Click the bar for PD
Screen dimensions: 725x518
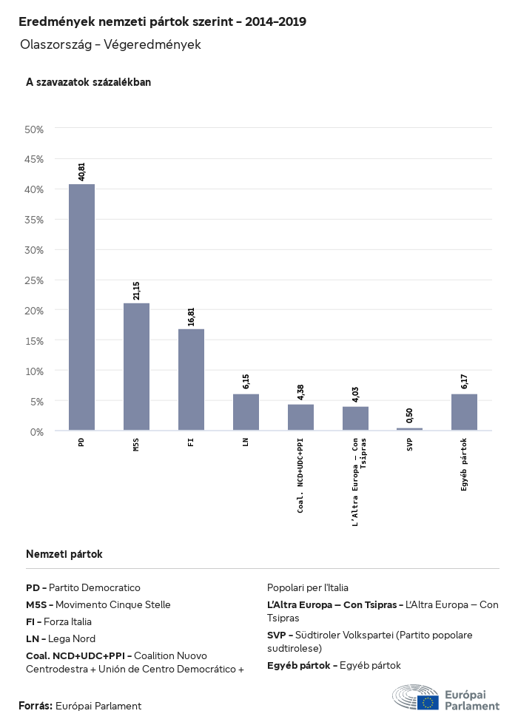pos(81,307)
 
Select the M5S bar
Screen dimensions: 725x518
pos(136,366)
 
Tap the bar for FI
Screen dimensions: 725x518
pos(191,380)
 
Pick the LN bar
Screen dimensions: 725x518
pos(246,412)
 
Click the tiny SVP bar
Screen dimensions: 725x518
pos(409,429)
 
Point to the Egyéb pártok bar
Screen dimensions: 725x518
pos(464,412)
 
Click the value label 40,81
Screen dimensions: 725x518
pos(81,172)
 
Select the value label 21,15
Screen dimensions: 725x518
pos(136,290)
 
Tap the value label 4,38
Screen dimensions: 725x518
pos(300,391)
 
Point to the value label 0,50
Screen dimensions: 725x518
pos(409,415)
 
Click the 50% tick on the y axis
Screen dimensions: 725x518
pos(35,129)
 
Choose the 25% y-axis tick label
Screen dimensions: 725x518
pos(35,280)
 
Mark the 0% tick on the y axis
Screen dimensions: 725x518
pos(37,431)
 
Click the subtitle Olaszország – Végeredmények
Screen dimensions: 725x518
pos(111,45)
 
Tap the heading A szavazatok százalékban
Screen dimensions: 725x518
pos(88,82)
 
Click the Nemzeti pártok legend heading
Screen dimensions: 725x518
pos(64,554)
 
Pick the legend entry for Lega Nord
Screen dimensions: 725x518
pos(61,638)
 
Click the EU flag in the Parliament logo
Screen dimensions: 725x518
pos(428,702)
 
